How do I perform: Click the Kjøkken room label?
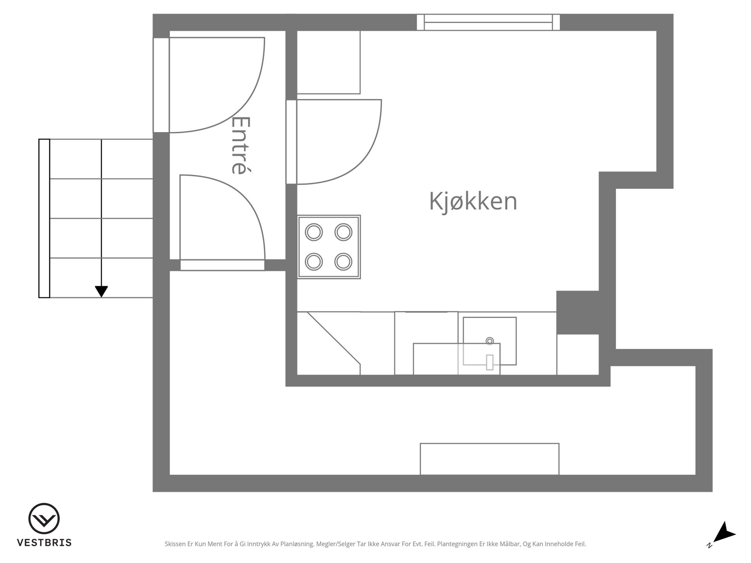pos(473,201)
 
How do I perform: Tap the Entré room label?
pos(240,145)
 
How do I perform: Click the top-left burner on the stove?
pos(314,232)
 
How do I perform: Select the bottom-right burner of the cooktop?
pos(343,262)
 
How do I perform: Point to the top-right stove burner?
pos(343,232)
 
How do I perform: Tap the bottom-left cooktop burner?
pos(314,262)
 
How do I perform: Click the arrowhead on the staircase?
pos(101,292)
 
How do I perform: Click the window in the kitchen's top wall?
pos(488,22)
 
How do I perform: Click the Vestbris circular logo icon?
pos(44,518)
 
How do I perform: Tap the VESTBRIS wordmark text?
pos(44,543)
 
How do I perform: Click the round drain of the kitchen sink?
pos(490,341)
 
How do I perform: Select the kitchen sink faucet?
pos(490,362)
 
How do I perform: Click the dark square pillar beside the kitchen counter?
pos(578,312)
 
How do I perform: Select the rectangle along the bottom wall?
pos(489,459)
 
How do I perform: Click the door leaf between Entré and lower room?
pos(222,265)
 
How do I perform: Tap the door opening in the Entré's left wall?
pos(161,85)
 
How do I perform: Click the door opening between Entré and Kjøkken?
pos(291,142)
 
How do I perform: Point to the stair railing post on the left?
pos(44,219)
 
